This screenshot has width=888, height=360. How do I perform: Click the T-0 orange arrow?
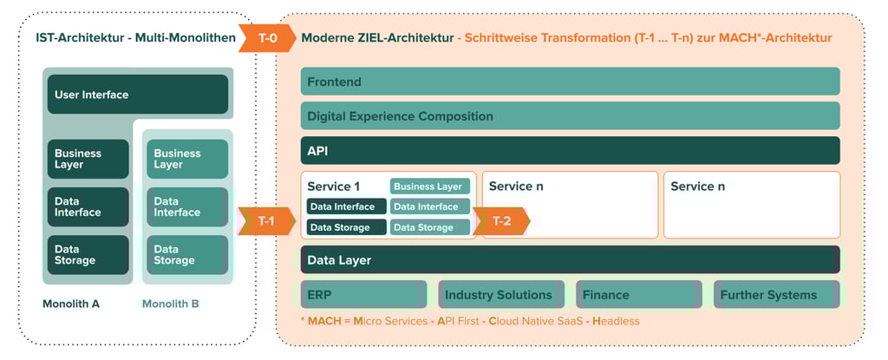click(x=267, y=38)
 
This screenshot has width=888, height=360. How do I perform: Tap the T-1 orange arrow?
click(x=267, y=221)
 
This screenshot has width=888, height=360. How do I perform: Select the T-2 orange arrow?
click(x=501, y=221)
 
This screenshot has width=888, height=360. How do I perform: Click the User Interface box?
click(x=138, y=94)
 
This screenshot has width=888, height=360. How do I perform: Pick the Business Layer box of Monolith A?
click(x=88, y=159)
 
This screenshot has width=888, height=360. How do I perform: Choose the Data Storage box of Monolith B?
click(x=187, y=255)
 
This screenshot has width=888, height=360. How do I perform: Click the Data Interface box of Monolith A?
click(x=88, y=207)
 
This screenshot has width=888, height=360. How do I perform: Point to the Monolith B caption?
click(x=171, y=304)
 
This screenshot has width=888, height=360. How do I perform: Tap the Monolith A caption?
click(x=71, y=304)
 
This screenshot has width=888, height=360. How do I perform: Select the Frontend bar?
click(x=571, y=81)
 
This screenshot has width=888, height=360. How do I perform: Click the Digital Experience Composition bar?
click(x=571, y=115)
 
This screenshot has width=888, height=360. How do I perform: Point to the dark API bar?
click(x=571, y=150)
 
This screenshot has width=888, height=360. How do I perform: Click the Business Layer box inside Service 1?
click(x=430, y=187)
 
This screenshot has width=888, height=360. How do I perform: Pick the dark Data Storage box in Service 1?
click(x=347, y=227)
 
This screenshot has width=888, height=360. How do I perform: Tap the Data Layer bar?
click(x=571, y=259)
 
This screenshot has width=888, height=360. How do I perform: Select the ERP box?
click(x=363, y=294)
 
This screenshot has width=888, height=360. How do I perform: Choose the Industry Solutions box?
click(x=501, y=294)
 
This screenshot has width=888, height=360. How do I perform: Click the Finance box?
click(x=639, y=294)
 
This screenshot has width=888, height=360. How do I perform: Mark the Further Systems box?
click(x=776, y=294)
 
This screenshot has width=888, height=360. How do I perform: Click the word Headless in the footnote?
click(x=617, y=322)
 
